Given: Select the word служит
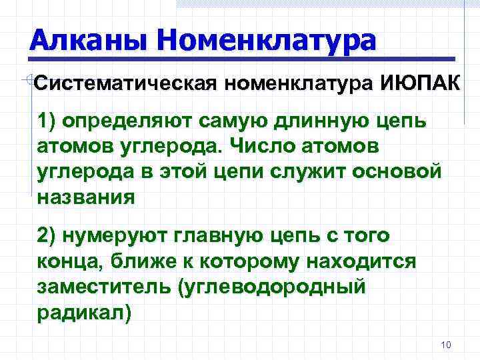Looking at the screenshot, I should pyautogui.click(x=321, y=172).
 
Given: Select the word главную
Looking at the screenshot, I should pyautogui.click(x=230, y=237).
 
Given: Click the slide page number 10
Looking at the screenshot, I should pyautogui.click(x=446, y=345).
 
